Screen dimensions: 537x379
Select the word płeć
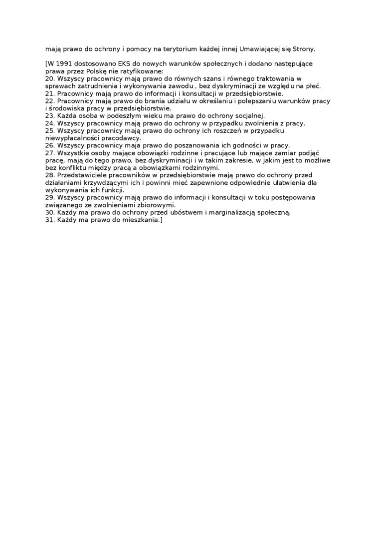point(312,86)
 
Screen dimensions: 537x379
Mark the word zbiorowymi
point(155,205)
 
